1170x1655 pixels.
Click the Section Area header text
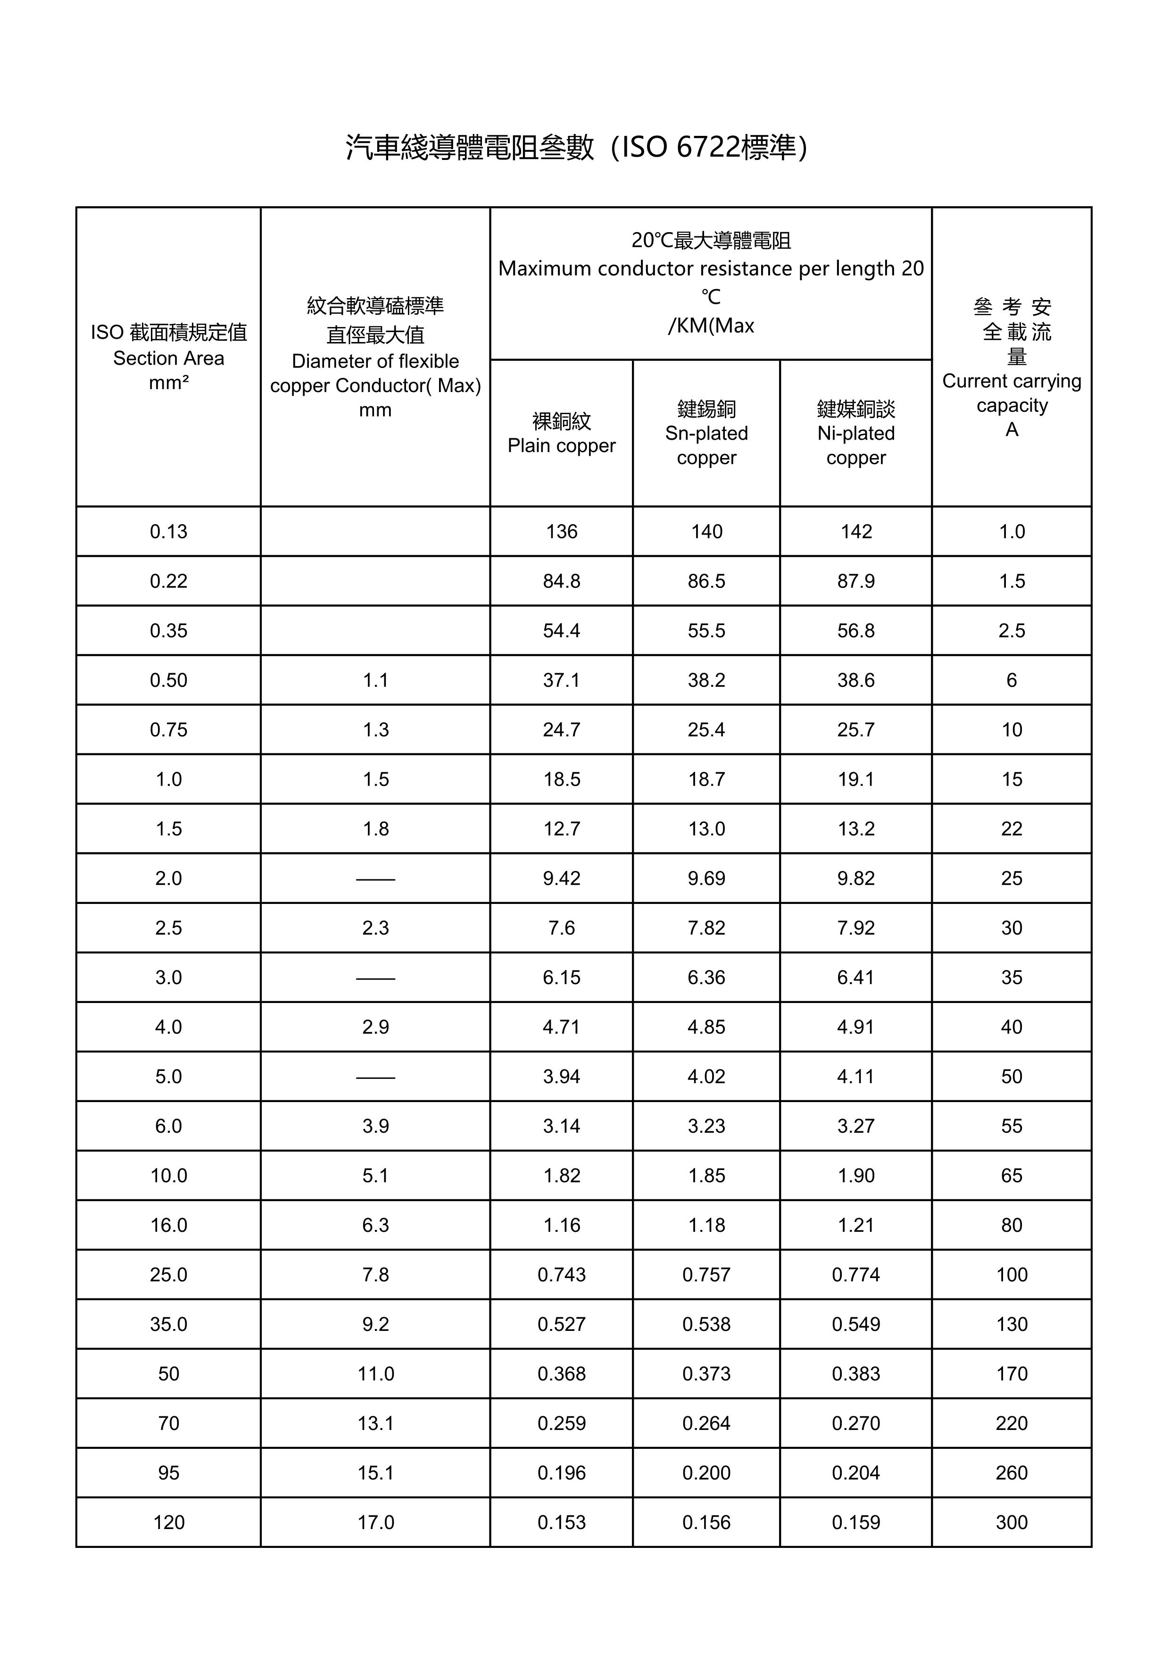tap(168, 358)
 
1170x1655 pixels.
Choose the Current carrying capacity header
tap(1012, 393)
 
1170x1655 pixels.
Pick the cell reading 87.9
tap(856, 581)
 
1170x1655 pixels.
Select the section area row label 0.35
tap(168, 631)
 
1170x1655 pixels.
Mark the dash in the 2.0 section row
tap(375, 878)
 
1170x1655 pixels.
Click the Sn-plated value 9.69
tap(706, 878)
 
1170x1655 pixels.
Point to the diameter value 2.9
tap(375, 1027)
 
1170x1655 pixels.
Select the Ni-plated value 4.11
tap(856, 1076)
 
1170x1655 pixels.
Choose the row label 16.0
tap(168, 1225)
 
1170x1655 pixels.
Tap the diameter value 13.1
tap(375, 1423)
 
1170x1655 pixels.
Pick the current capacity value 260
tap(1012, 1472)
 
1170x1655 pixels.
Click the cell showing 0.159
tap(856, 1522)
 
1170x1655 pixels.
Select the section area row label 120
tap(168, 1522)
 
